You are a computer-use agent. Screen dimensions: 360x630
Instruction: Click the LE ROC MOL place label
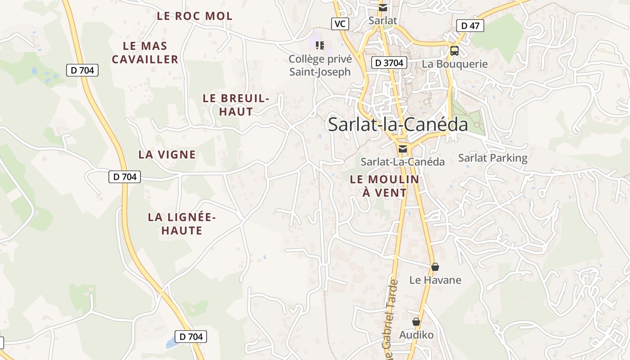194,16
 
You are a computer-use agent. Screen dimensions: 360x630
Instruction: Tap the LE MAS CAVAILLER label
145,53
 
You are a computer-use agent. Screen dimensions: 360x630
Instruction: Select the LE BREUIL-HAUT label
236,105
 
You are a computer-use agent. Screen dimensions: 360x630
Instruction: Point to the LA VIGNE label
167,154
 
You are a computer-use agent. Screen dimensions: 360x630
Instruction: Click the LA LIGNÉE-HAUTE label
182,224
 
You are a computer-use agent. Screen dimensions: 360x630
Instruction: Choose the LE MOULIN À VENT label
384,186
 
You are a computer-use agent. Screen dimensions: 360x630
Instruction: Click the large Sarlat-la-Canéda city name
398,124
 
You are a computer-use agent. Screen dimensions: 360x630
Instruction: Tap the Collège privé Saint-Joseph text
320,65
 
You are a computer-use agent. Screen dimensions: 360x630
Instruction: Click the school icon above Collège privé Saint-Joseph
320,45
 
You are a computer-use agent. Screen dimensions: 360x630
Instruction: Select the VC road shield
340,24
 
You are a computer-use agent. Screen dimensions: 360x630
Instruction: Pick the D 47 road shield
470,26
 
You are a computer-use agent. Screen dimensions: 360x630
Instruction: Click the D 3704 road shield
389,63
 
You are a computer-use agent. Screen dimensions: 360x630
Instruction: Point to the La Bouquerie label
454,64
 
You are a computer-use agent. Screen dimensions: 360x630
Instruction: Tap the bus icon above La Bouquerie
454,50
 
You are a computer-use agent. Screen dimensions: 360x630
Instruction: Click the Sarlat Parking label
492,158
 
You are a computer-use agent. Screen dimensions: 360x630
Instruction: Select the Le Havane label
435,280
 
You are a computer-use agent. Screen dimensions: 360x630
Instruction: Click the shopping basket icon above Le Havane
435,267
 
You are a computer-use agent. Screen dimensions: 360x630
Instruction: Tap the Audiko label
416,335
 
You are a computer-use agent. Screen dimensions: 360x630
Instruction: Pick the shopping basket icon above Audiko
416,322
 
